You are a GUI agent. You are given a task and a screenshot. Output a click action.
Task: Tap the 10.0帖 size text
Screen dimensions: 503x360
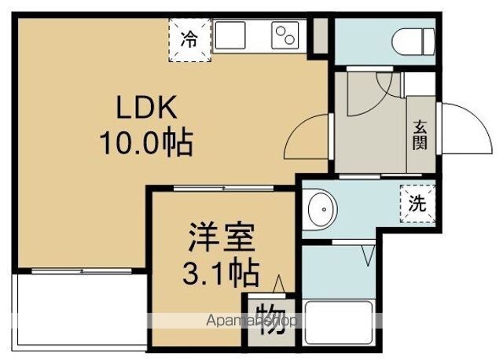pos(146,142)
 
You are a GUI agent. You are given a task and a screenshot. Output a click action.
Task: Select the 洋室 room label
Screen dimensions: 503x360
pos(222,237)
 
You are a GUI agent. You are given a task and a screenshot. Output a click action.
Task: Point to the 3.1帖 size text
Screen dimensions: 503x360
pos(221,273)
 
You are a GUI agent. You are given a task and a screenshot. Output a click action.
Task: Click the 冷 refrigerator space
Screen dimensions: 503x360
pos(190,40)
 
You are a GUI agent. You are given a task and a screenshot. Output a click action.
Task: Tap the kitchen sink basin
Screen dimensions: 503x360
pos(230,35)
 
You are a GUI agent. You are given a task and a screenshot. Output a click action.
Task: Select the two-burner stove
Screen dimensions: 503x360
pos(285,35)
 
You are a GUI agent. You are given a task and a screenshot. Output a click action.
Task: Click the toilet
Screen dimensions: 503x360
pos(413,42)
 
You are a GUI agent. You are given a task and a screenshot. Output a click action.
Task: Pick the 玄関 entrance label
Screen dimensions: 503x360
pos(420,134)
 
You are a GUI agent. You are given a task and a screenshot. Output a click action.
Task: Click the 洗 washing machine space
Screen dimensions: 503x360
pos(417,204)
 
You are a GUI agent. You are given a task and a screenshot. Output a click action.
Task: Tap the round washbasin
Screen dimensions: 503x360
pos(321,210)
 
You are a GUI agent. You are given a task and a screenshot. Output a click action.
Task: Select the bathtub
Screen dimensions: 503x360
pos(339,323)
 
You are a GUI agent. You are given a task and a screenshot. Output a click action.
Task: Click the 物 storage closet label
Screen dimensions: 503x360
pos(272,318)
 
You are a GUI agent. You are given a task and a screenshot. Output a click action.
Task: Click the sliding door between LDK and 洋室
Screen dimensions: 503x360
pos(223,189)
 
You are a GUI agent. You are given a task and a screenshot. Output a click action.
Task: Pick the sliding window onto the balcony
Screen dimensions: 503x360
pos(82,271)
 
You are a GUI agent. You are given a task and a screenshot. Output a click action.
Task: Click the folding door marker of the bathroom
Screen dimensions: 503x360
pos(368,255)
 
